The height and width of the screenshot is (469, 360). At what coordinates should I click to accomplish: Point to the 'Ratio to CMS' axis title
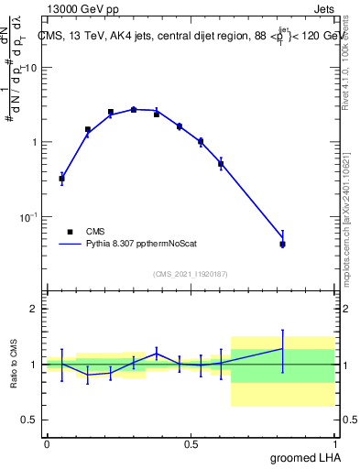coord(14,364)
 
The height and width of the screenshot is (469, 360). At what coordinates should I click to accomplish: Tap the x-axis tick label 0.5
coord(191,444)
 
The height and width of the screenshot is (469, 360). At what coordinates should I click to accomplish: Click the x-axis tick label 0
coord(47,444)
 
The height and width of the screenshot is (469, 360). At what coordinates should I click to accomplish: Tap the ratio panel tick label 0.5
coord(31,420)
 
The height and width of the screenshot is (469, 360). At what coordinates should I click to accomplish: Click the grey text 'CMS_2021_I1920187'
coord(191,274)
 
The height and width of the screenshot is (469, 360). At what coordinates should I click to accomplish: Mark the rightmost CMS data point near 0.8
coord(283,244)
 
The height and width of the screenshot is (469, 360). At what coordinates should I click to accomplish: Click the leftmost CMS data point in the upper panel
coord(61,179)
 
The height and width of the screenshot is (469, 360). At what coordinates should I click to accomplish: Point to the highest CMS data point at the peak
coord(133,109)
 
